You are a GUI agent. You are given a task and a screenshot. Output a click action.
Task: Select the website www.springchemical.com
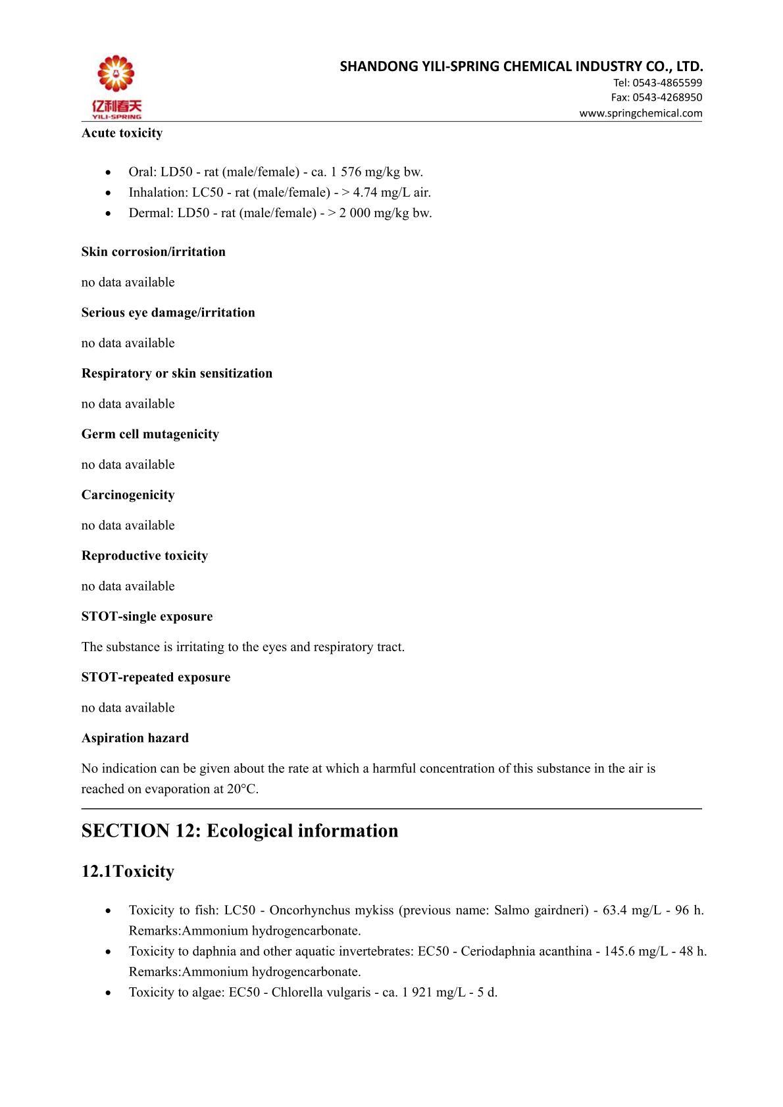(640, 113)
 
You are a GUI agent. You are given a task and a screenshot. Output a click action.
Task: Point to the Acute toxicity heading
(122, 133)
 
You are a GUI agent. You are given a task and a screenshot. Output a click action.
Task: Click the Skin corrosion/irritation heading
(153, 252)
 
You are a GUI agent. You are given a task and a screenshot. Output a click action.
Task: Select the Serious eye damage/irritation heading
(168, 312)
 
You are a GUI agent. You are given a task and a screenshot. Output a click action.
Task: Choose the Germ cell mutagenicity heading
(150, 434)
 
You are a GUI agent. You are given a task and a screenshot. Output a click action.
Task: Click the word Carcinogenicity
(128, 495)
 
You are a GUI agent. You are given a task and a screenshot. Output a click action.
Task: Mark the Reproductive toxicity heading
(145, 556)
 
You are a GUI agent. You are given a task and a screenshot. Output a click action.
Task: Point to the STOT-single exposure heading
(147, 616)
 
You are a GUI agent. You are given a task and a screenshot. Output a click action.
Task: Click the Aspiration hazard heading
(135, 738)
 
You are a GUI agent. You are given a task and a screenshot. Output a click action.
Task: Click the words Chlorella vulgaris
(320, 992)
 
